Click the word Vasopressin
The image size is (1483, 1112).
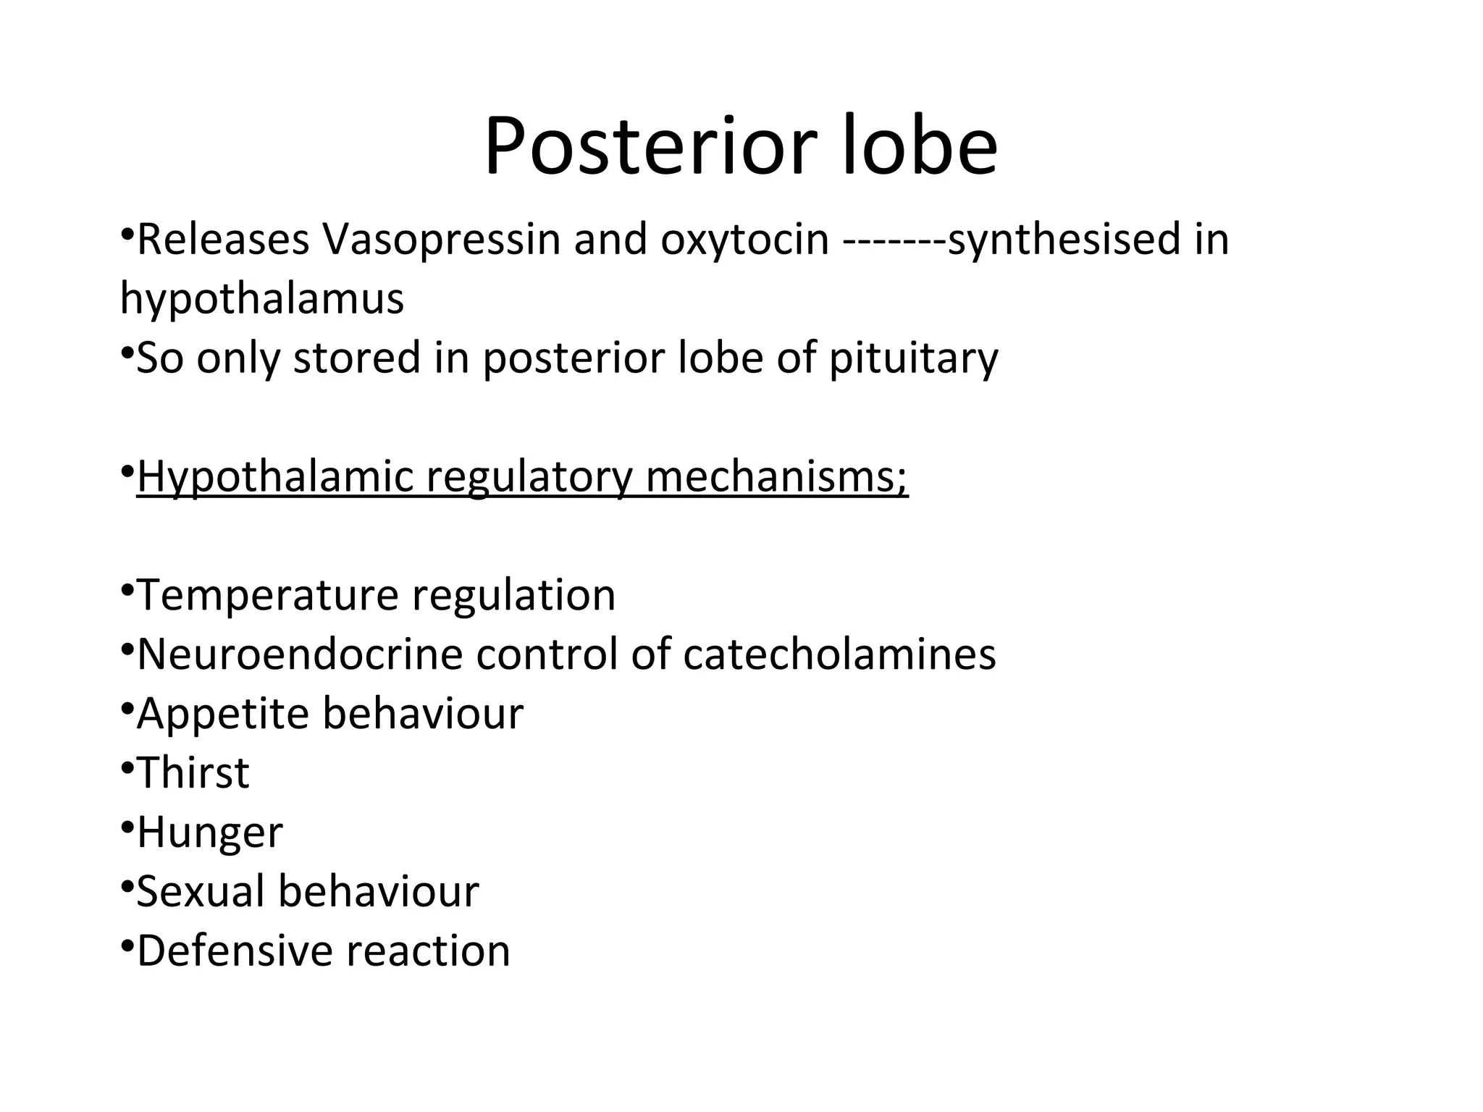441,240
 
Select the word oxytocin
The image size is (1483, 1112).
744,240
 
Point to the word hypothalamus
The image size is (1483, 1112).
261,298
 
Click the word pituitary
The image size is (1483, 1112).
914,358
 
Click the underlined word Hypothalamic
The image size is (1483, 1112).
274,477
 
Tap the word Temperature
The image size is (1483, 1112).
267,595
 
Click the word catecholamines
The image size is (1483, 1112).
839,654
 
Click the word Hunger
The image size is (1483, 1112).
210,833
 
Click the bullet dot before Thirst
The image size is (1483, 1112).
127,764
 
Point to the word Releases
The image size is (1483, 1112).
223,240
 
